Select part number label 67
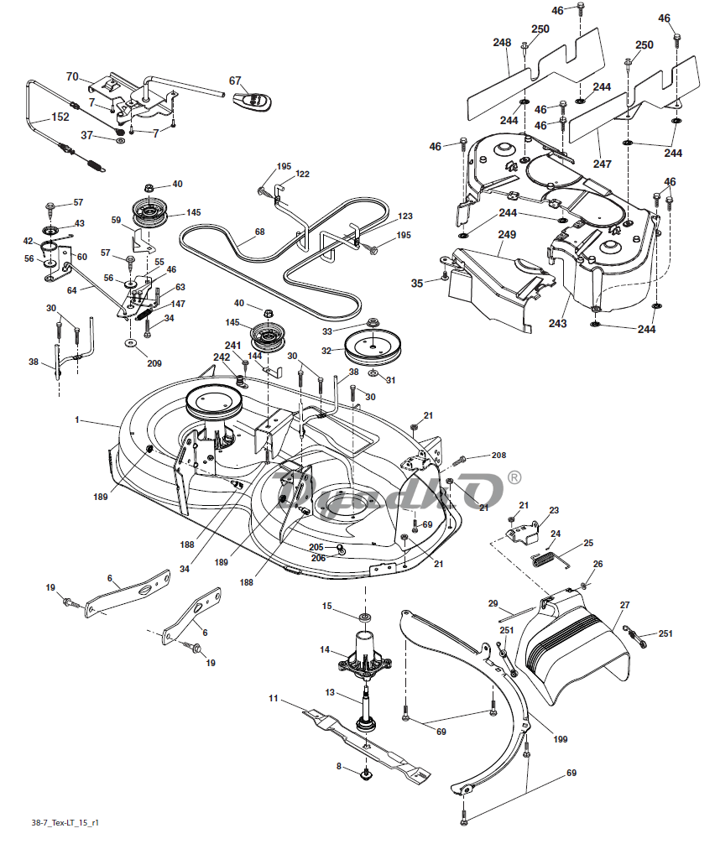pyautogui.click(x=235, y=81)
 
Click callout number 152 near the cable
pyautogui.click(x=60, y=117)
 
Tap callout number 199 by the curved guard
pyautogui.click(x=560, y=739)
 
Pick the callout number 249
pyautogui.click(x=507, y=235)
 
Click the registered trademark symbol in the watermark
pyautogui.click(x=514, y=477)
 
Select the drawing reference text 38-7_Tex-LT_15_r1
pyautogui.click(x=65, y=823)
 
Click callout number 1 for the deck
pyautogui.click(x=77, y=419)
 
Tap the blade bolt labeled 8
pyautogui.click(x=367, y=775)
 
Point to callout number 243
pyautogui.click(x=557, y=323)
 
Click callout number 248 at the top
pyautogui.click(x=502, y=42)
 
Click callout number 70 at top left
pyautogui.click(x=72, y=77)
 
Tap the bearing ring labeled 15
pyautogui.click(x=366, y=616)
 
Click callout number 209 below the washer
pyautogui.click(x=154, y=363)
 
